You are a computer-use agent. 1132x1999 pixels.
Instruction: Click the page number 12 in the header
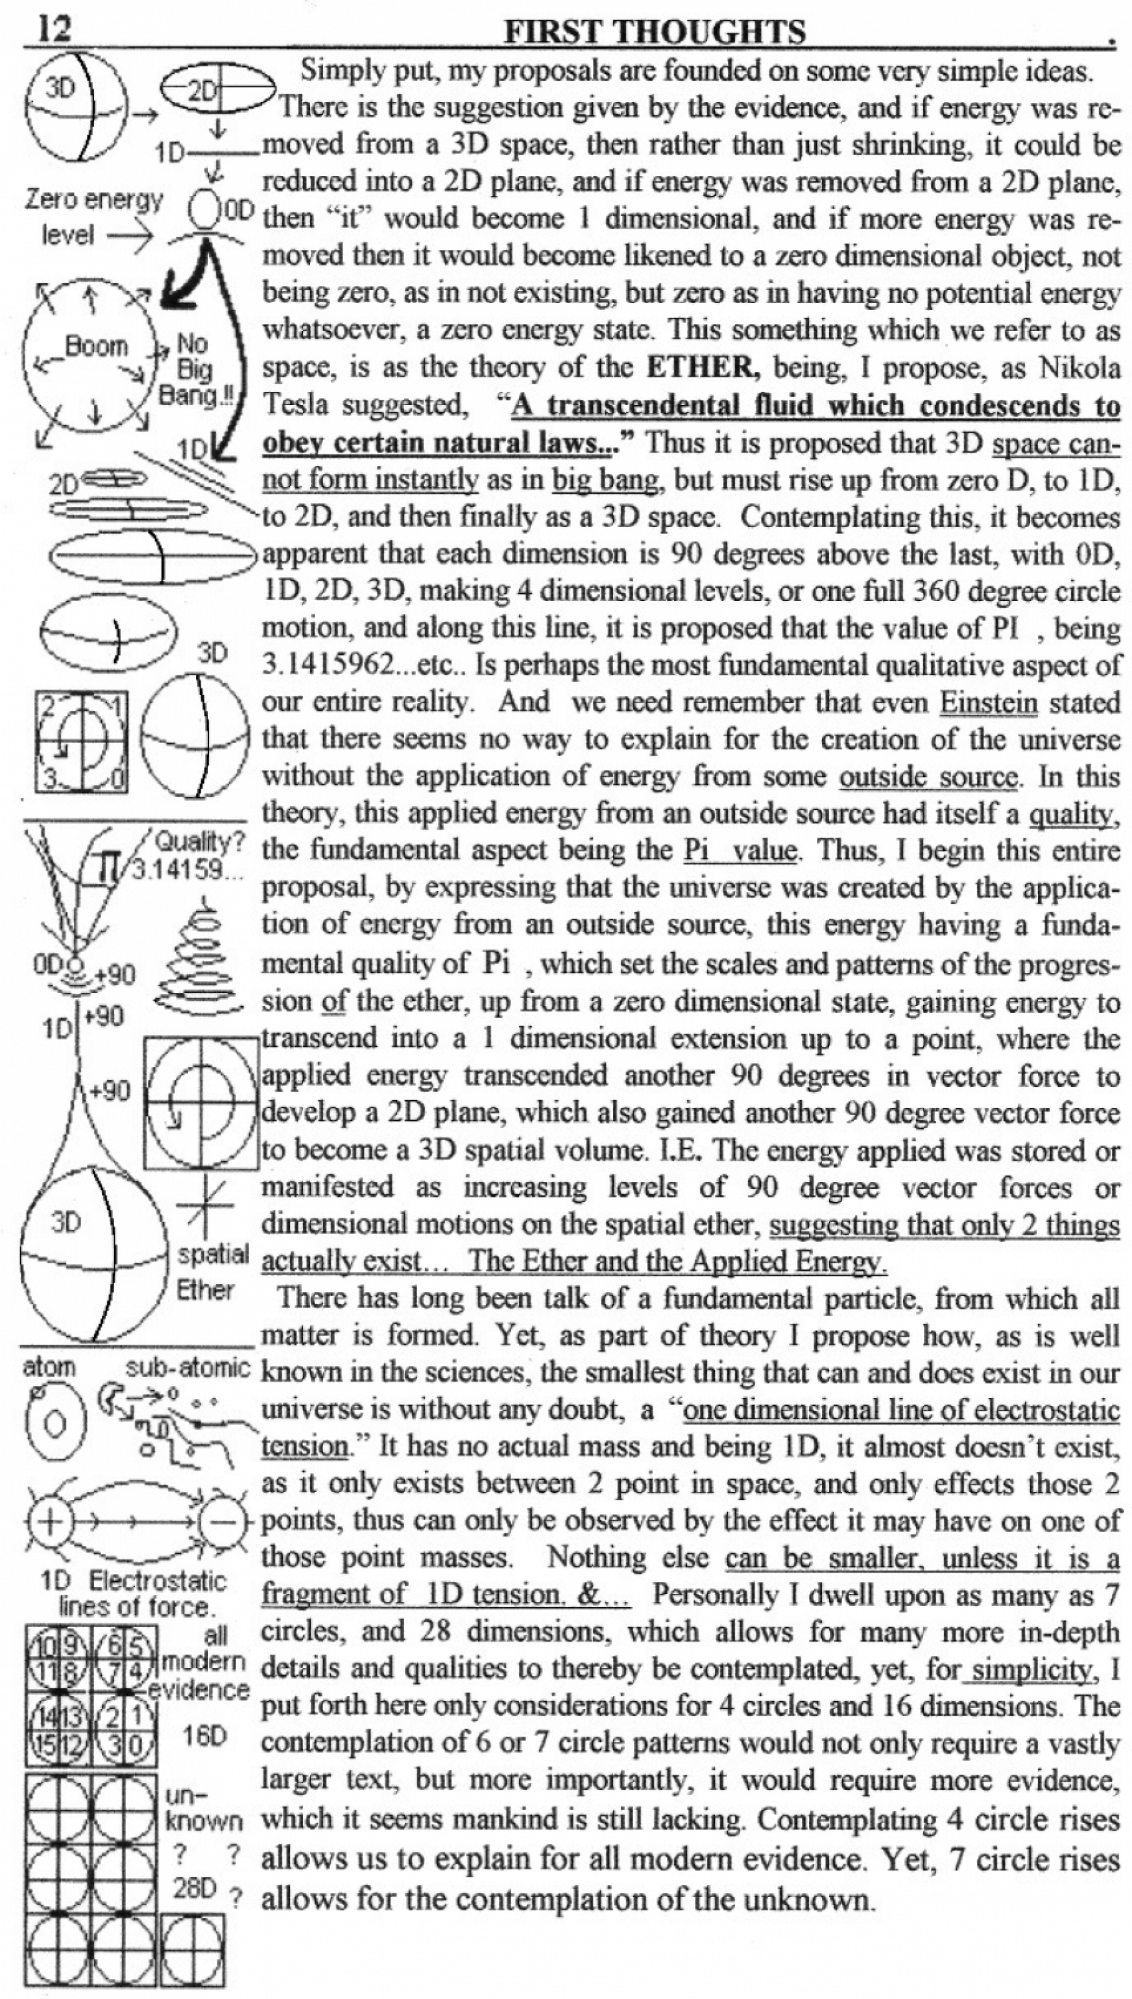[55, 29]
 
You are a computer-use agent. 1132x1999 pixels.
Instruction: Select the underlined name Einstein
[988, 703]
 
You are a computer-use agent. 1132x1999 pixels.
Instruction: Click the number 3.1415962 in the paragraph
[327, 666]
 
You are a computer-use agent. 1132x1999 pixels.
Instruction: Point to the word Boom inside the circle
[96, 345]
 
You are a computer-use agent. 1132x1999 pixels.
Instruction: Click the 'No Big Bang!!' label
[195, 369]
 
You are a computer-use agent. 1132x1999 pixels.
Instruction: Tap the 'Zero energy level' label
[92, 217]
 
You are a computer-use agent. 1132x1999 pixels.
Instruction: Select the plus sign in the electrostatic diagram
[50, 1521]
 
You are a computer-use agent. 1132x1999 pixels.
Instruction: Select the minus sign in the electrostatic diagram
[223, 1521]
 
